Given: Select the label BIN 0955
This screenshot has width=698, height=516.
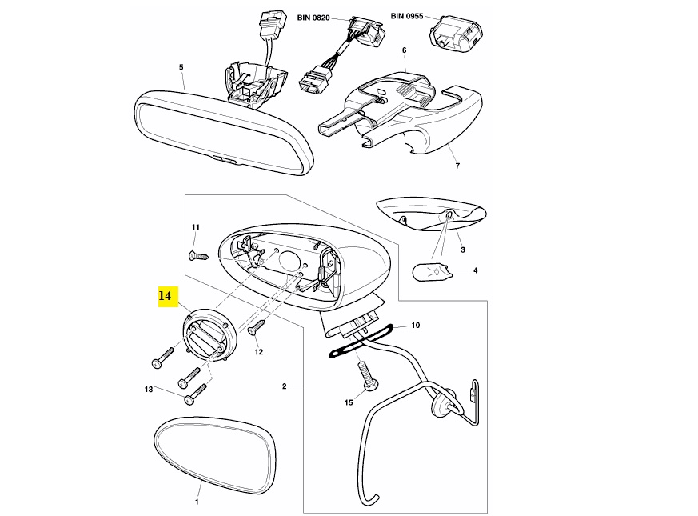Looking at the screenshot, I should click(407, 16).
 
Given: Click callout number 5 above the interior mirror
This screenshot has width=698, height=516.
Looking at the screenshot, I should click(181, 67).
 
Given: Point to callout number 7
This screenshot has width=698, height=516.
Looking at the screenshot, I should click(457, 166).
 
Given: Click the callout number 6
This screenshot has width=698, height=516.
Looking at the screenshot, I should click(404, 50).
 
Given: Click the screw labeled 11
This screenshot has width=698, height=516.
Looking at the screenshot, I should click(197, 255).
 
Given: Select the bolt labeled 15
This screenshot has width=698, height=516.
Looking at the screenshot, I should click(368, 375).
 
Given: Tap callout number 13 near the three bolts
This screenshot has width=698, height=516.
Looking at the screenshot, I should click(148, 390).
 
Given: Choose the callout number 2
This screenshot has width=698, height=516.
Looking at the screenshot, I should click(284, 386).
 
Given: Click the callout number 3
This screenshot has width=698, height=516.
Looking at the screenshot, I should click(462, 250).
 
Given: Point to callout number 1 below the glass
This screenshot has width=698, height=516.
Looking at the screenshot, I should click(197, 502).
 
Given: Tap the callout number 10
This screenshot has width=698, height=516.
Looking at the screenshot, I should click(415, 326).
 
